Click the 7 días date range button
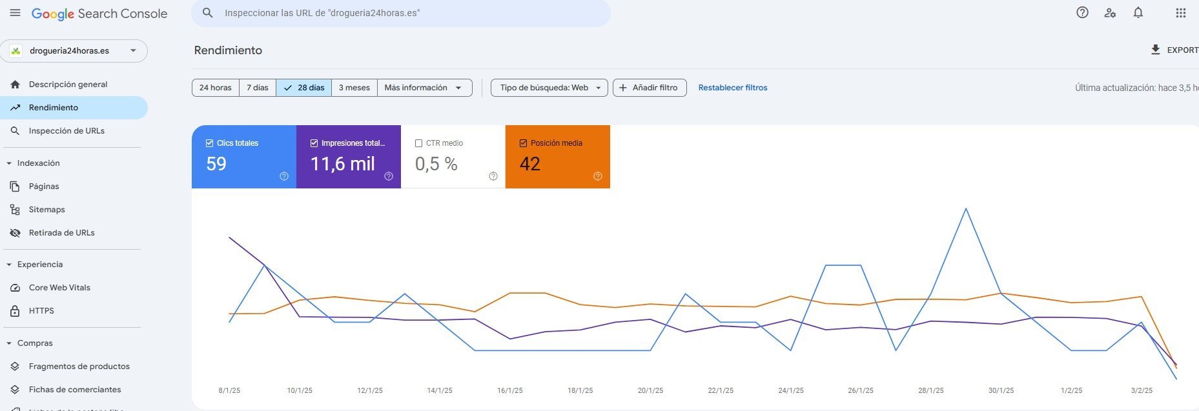point(257,88)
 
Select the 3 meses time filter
point(354,88)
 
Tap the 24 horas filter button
point(215,88)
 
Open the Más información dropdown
point(424,88)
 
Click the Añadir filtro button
point(649,88)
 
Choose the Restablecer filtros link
point(733,88)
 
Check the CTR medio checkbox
point(419,143)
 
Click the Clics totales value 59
point(216,164)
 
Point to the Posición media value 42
point(529,164)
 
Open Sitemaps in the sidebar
point(46,210)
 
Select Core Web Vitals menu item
point(59,288)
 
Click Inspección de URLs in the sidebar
point(67,131)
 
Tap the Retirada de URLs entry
point(61,233)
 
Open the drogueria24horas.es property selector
point(74,51)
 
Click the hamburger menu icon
point(15,13)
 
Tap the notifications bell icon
point(1138,13)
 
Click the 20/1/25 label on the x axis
point(650,390)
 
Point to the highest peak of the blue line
point(966,208)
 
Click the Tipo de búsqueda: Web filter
point(549,88)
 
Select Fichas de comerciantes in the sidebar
point(75,390)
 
